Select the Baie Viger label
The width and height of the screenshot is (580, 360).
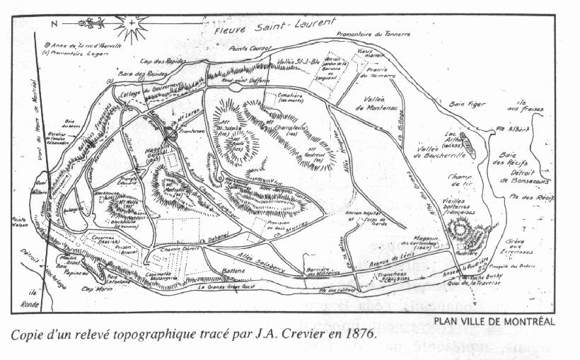[465, 104]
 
